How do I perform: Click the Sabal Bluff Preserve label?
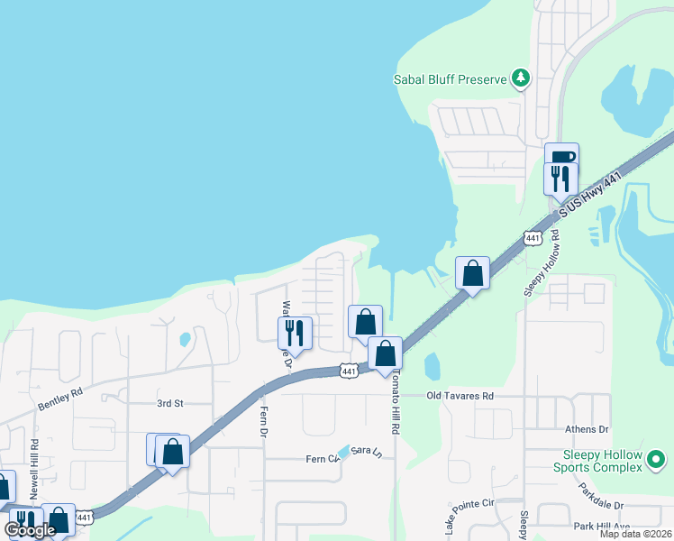pyautogui.click(x=450, y=79)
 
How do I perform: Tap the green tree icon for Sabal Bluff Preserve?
pyautogui.click(x=520, y=79)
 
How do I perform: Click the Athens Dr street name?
pyautogui.click(x=587, y=430)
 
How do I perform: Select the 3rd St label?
pyautogui.click(x=169, y=403)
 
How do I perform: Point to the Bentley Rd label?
pyautogui.click(x=60, y=399)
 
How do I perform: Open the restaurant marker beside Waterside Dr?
pyautogui.click(x=295, y=332)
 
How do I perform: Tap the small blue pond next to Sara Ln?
pyautogui.click(x=343, y=451)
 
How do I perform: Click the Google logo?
pyautogui.click(x=30, y=529)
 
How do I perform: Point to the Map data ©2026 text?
pyautogui.click(x=634, y=534)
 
